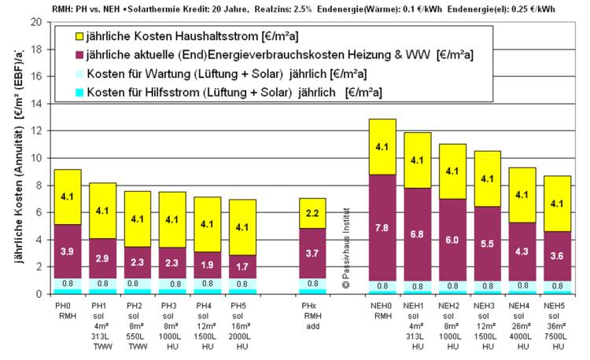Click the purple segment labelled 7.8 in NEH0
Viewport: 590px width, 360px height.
pos(382,228)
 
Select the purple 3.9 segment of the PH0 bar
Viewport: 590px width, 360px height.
pos(68,252)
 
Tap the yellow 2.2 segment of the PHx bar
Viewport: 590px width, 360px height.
pos(313,213)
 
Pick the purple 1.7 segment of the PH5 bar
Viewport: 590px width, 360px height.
pos(242,267)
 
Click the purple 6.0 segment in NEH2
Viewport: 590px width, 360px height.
pos(452,240)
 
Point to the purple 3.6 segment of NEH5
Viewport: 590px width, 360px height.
pos(557,256)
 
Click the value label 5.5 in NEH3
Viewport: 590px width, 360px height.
pos(487,244)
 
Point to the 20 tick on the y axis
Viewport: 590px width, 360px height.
pos(35,22)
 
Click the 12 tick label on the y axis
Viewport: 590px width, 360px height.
pos(35,130)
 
